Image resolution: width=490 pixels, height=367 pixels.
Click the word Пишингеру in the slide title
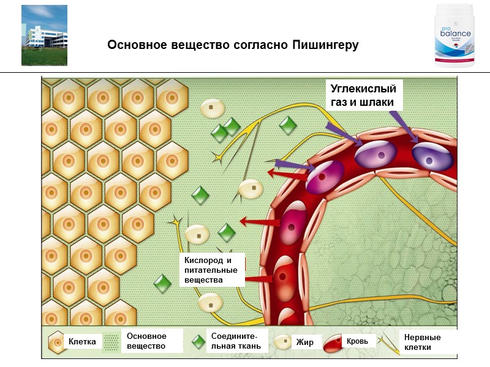pyautogui.click(x=325, y=46)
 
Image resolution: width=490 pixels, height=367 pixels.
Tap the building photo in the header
pyautogui.click(x=44, y=35)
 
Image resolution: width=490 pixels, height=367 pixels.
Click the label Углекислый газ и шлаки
pyautogui.click(x=363, y=95)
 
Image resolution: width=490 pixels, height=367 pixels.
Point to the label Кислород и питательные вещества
pyautogui.click(x=205, y=270)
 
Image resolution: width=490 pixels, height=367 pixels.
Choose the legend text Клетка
pyautogui.click(x=82, y=342)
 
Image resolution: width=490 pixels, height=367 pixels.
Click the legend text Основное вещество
pyautogui.click(x=146, y=341)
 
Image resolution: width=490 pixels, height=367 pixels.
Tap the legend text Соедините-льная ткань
pyautogui.click(x=235, y=341)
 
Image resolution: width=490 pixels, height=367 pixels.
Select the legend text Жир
pyautogui.click(x=304, y=342)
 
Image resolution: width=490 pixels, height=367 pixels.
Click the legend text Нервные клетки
pyautogui.click(x=422, y=342)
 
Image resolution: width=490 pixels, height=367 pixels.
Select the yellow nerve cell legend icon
pyautogui.click(x=388, y=341)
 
